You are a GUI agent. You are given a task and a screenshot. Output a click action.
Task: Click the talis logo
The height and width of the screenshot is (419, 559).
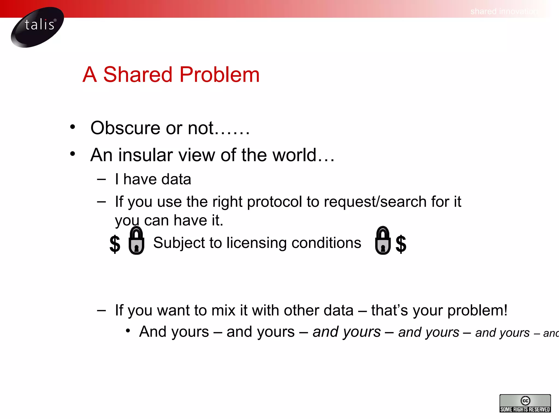(37, 27)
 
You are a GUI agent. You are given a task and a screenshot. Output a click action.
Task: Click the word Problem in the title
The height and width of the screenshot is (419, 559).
(219, 74)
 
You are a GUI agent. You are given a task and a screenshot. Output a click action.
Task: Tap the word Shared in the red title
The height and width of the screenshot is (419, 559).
(138, 74)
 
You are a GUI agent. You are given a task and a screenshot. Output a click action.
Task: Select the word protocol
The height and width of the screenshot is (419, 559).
(274, 202)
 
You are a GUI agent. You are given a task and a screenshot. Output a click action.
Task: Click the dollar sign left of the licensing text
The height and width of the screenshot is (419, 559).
(115, 244)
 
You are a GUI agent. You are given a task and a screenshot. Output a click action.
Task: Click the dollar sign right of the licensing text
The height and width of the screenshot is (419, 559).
(401, 244)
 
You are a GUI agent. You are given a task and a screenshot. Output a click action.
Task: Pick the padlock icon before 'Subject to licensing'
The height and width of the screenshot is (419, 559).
(136, 241)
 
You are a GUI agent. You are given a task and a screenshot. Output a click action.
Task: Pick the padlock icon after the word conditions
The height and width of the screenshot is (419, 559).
(382, 241)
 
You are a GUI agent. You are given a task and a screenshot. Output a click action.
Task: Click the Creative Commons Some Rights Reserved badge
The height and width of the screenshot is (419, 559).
(525, 403)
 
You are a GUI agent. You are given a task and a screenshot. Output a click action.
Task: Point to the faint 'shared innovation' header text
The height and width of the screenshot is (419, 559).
(504, 11)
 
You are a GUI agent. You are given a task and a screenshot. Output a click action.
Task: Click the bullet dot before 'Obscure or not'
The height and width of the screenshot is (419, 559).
(72, 127)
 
